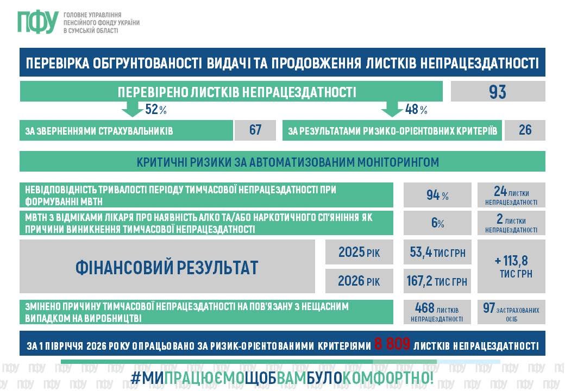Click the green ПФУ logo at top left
[38, 22]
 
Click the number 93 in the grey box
[498, 92]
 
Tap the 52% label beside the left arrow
[156, 109]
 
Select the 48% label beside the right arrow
[416, 109]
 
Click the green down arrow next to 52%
[132, 109]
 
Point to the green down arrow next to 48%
[392, 109]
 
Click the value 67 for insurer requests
[255, 130]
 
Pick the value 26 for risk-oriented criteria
[525, 130]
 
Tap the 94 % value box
[437, 195]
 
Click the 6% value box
[437, 223]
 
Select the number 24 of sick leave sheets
[500, 191]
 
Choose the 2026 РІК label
[359, 281]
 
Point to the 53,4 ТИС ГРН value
[437, 253]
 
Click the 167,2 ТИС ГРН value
[437, 281]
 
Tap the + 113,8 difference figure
[511, 260]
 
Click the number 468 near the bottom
[424, 308]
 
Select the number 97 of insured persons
[488, 308]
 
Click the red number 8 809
[392, 344]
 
